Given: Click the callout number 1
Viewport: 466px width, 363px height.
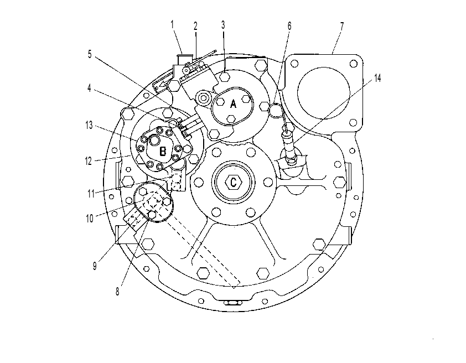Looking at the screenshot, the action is pyautogui.click(x=172, y=24).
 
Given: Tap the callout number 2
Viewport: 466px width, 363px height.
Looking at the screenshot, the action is pyautogui.click(x=195, y=26).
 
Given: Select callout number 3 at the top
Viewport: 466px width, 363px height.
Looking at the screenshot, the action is pyautogui.click(x=223, y=25).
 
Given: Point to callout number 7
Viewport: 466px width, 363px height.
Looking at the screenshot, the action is pyautogui.click(x=342, y=26).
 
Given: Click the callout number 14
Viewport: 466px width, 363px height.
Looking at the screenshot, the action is pyautogui.click(x=377, y=78).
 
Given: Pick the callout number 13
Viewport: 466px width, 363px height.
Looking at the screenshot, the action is pyautogui.click(x=89, y=126).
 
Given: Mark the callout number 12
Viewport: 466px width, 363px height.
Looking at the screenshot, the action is pyautogui.click(x=89, y=161).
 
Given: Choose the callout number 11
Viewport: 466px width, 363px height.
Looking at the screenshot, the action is pyautogui.click(x=91, y=194).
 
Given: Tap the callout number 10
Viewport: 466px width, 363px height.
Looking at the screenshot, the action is pyautogui.click(x=90, y=219).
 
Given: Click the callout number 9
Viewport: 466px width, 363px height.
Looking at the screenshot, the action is pyautogui.click(x=95, y=265).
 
